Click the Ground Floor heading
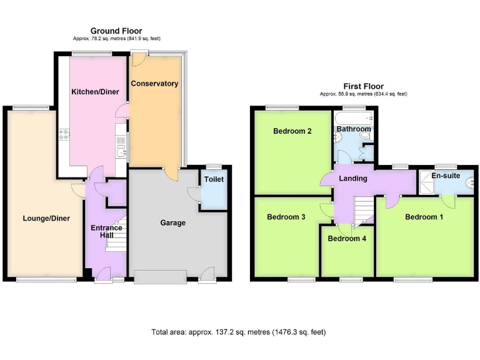[116, 31]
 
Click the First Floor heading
[363, 86]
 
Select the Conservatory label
[154, 83]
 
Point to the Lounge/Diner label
[46, 218]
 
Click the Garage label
[172, 222]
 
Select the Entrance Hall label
[106, 232]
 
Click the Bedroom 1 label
[424, 217]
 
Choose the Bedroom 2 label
[292, 131]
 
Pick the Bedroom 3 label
[286, 217]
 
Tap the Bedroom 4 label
[347, 238]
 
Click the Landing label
[352, 179]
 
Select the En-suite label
[446, 176]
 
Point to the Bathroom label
[354, 129]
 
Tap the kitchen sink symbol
[121, 151]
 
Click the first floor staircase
[363, 209]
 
